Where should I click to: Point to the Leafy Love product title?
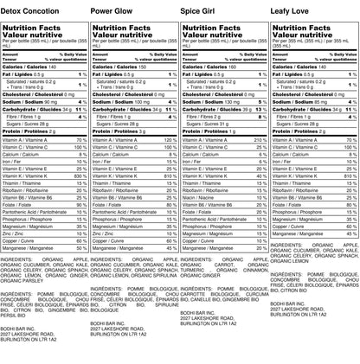[x=294, y=9]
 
